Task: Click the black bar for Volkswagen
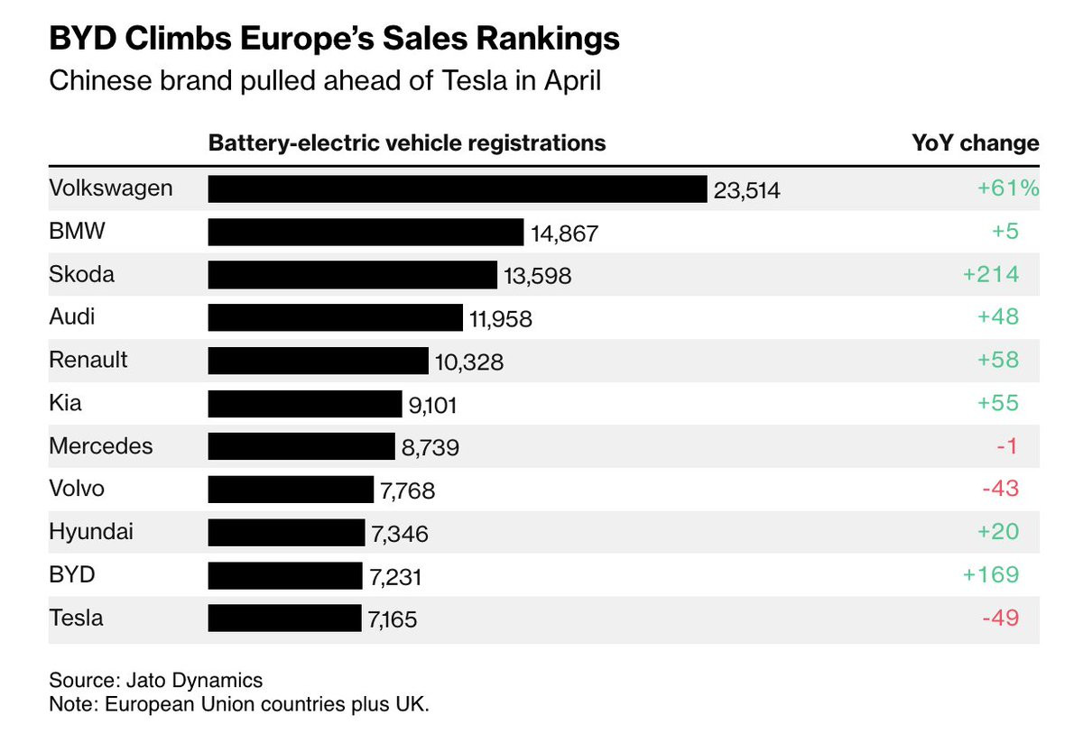click(457, 189)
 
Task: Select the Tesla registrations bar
click(284, 618)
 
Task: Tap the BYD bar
click(284, 575)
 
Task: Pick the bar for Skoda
click(352, 275)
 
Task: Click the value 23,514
click(746, 190)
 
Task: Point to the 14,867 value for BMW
click(565, 234)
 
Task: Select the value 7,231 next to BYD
click(394, 576)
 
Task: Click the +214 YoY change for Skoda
click(991, 274)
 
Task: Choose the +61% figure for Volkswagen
click(1008, 188)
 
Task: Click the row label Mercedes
click(101, 445)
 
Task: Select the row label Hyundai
click(91, 532)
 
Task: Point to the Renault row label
click(88, 360)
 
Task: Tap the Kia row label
click(65, 402)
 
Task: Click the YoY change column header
click(976, 143)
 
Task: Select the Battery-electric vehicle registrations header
click(407, 143)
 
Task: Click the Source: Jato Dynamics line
click(155, 679)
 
